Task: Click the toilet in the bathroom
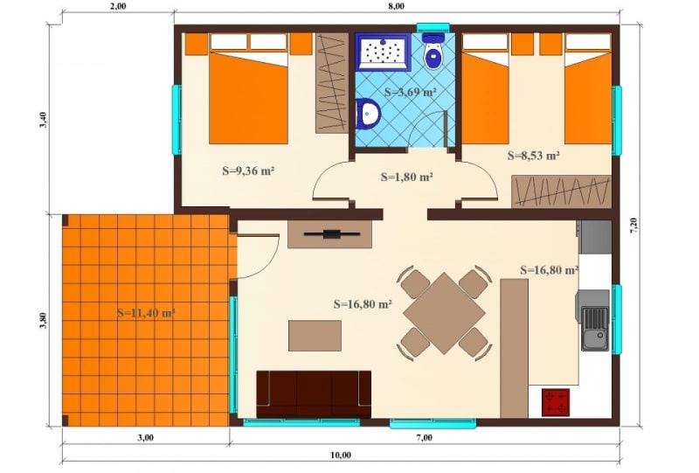pyautogui.click(x=433, y=52)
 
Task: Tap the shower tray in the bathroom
pyautogui.click(x=383, y=52)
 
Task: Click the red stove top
pyautogui.click(x=556, y=402)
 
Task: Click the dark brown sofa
pyautogui.click(x=314, y=394)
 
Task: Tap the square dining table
pyautogui.click(x=444, y=313)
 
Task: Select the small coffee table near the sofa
pyautogui.click(x=315, y=336)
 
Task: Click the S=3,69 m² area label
pyautogui.click(x=410, y=93)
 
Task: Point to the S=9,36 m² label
pyautogui.click(x=248, y=170)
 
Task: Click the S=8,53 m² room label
pyautogui.click(x=534, y=156)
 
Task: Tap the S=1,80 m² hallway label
pyautogui.click(x=407, y=177)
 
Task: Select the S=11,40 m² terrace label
pyautogui.click(x=146, y=313)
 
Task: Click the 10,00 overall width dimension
pyautogui.click(x=341, y=456)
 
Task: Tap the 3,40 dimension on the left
pyautogui.click(x=43, y=120)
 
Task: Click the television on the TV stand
pyautogui.click(x=332, y=233)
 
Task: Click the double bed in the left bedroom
pyautogui.click(x=248, y=88)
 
